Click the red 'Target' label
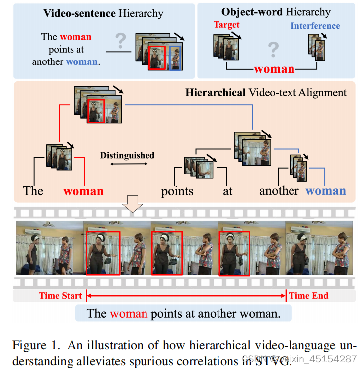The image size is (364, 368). point(226,25)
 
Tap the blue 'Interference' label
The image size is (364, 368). point(315,26)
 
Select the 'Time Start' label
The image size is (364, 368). point(61,296)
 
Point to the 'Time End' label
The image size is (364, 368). point(308,296)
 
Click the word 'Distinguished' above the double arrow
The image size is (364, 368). point(127,155)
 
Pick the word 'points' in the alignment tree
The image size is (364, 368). point(177,191)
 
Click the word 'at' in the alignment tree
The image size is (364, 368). point(227,191)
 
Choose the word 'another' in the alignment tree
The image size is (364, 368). point(279,191)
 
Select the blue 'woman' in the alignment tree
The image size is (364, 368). point(325,191)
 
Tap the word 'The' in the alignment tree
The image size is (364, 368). point(33,191)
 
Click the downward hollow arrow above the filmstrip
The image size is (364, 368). point(133,204)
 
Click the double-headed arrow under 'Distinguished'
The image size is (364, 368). point(127,164)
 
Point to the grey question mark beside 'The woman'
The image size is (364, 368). point(120,40)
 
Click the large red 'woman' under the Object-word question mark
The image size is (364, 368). point(274,69)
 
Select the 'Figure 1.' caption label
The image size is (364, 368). point(31,345)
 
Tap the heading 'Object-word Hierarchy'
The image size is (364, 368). point(276,12)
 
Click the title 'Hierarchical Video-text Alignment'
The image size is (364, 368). point(266,92)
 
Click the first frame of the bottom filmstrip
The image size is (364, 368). point(50,247)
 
